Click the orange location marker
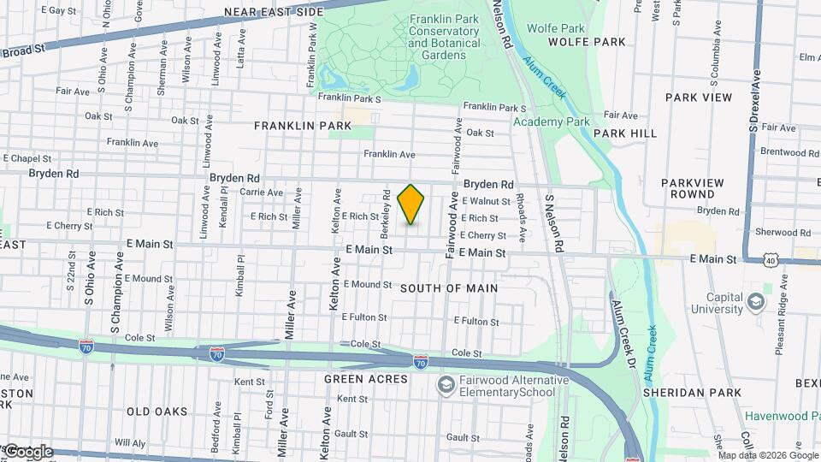pos(411,204)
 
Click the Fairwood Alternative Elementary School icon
pos(445,386)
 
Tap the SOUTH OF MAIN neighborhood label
pos(449,288)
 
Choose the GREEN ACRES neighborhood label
pos(366,378)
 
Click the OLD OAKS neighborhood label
pos(157,412)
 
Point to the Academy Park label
pos(552,121)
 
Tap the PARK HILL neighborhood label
pos(625,133)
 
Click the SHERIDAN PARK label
pos(706,393)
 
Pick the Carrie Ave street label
pos(262,193)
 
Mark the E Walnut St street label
pos(486,201)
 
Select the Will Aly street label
pos(130,443)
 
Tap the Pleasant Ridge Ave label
pos(779,325)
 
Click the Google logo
pos(27,452)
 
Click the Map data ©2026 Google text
pos(768,455)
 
